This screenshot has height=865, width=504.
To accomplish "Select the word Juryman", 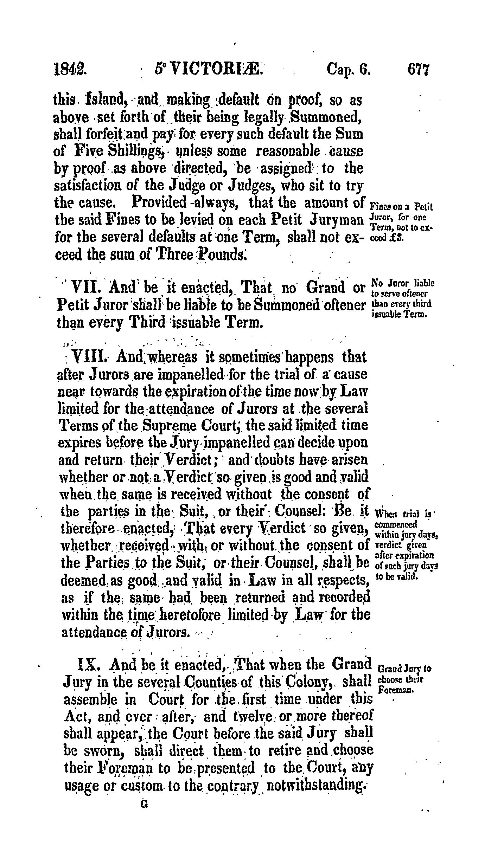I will point(337,220).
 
